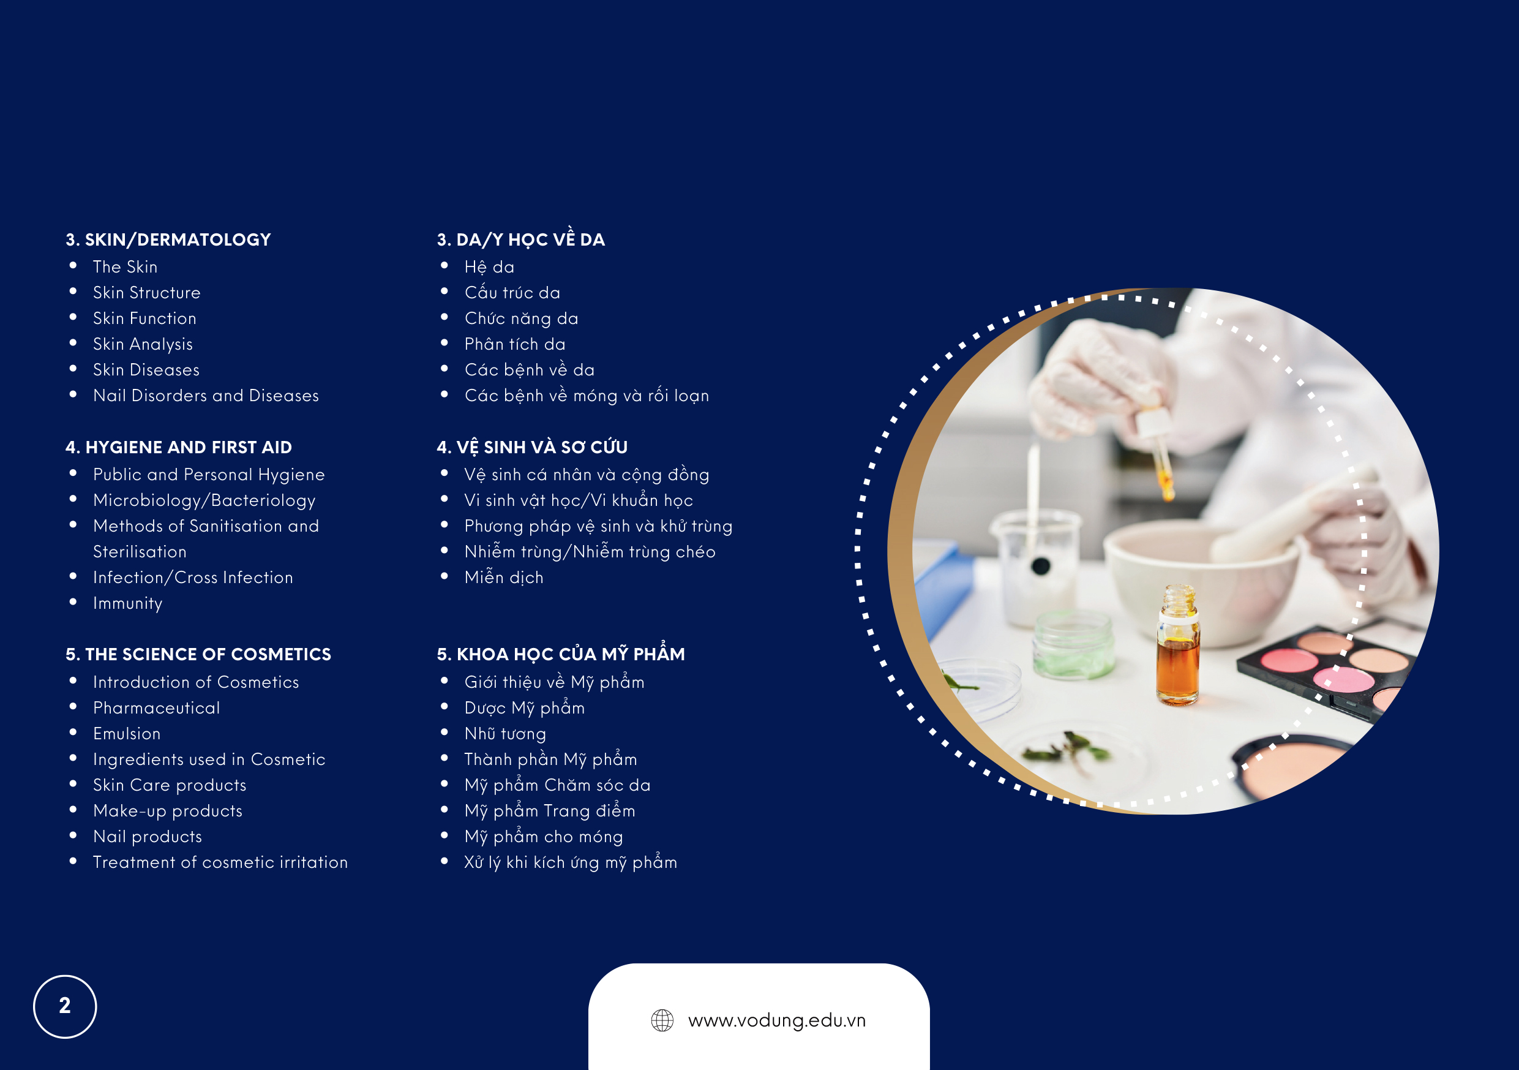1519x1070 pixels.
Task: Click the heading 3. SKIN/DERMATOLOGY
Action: [x=168, y=239]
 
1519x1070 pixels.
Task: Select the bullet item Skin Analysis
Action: [x=143, y=344]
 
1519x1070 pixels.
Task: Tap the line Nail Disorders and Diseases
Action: [x=206, y=396]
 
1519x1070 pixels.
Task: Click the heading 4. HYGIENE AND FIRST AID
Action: [x=179, y=447]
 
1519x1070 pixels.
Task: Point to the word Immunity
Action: [x=128, y=603]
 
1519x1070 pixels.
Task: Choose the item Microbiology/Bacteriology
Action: [x=204, y=501]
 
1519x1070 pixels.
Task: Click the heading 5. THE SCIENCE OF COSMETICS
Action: [x=198, y=655]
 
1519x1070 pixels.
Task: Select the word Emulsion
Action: [x=127, y=734]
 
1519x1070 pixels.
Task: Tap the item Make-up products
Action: [x=168, y=812]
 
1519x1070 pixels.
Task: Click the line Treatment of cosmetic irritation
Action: [x=220, y=862]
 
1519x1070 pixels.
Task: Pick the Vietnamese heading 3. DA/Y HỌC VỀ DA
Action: [x=520, y=239]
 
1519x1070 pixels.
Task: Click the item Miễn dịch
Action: [x=504, y=577]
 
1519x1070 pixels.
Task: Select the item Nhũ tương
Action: [x=506, y=734]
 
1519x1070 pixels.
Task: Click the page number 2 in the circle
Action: [x=65, y=1006]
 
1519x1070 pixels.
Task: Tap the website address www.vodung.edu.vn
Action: [x=777, y=1020]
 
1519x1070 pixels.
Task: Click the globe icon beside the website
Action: [x=662, y=1020]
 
